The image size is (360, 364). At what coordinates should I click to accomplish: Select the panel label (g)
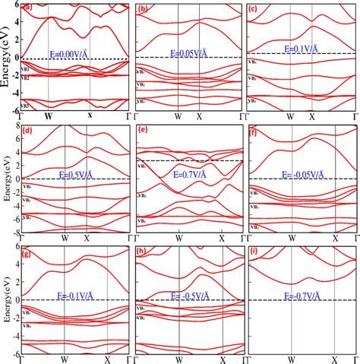pyautogui.click(x=27, y=250)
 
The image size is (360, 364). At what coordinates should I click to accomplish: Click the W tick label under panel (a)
pyautogui.click(x=49, y=116)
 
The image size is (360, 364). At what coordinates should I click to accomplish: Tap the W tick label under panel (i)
pyautogui.click(x=291, y=358)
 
